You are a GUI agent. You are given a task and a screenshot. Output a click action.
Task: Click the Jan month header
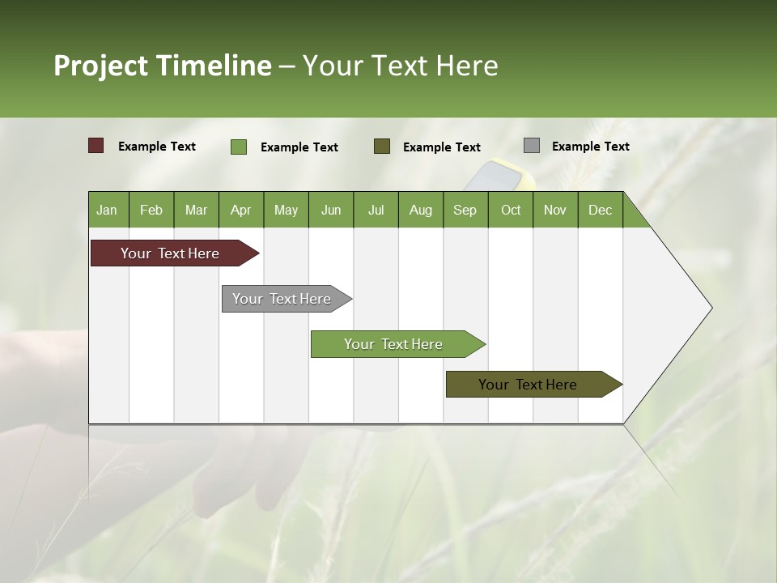[x=107, y=210]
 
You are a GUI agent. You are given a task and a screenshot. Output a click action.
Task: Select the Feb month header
[x=151, y=210]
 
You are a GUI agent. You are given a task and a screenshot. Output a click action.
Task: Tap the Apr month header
[x=240, y=210]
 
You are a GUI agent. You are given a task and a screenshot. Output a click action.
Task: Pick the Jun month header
[x=331, y=210]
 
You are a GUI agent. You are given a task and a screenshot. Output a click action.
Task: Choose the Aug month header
[x=420, y=210]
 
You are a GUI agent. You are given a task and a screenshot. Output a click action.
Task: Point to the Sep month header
[x=465, y=210]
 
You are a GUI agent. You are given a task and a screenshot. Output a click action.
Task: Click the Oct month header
[x=511, y=210]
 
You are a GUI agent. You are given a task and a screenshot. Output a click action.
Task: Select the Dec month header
[x=600, y=210]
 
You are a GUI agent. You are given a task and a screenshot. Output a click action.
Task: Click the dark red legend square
[x=96, y=146]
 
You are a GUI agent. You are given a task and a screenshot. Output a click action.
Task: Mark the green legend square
[x=239, y=147]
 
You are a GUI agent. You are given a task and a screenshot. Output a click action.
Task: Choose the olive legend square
[x=382, y=146]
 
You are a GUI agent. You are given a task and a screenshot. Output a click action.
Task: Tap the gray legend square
[x=532, y=146]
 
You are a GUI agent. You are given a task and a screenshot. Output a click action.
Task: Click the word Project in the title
[x=101, y=66]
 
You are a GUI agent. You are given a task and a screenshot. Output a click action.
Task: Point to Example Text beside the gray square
[x=590, y=146]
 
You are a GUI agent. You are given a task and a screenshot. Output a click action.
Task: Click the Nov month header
[x=554, y=210]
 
